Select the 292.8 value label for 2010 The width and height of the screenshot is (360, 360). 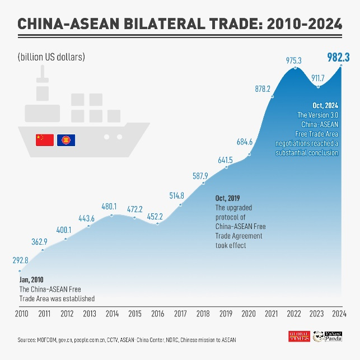[20, 260]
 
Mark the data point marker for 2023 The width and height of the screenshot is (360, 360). [318, 86]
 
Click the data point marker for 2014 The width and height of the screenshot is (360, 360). [113, 214]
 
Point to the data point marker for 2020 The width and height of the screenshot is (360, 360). [250, 154]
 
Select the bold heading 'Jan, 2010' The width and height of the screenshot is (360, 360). [31, 279]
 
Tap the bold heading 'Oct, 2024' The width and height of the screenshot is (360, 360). [325, 105]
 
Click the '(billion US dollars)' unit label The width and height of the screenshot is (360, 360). [51, 57]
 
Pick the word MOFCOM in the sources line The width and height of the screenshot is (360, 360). [46, 340]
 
